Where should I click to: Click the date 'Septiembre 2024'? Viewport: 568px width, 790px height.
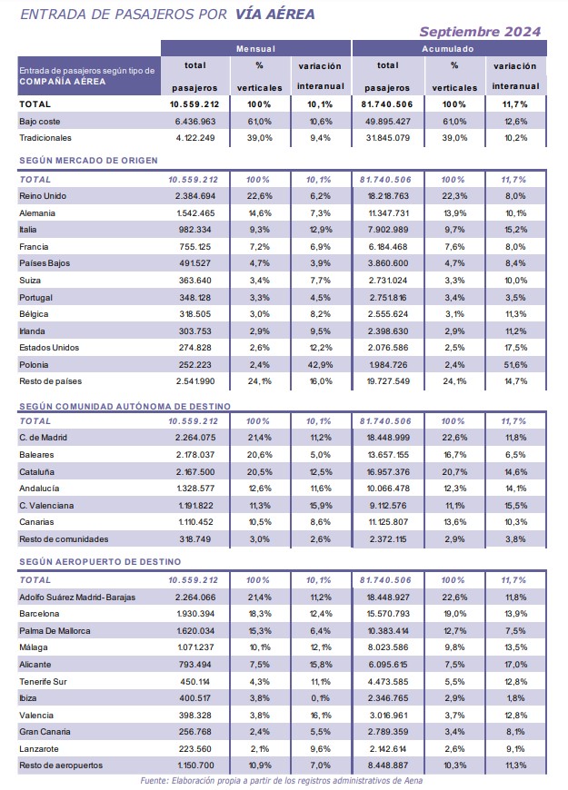(480, 32)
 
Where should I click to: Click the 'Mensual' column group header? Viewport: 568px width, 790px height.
(255, 49)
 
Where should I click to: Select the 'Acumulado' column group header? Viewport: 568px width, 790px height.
(448, 49)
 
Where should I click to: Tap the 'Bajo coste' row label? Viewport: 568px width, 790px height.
(39, 122)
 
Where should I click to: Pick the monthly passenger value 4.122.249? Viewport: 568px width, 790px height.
(195, 138)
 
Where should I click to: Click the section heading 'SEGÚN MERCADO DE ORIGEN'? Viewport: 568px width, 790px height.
(88, 161)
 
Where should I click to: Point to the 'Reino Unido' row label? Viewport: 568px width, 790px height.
(43, 196)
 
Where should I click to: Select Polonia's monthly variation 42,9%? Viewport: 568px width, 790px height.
(320, 365)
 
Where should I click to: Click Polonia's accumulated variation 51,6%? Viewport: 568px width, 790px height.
(515, 365)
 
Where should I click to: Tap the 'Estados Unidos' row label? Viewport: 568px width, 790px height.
(49, 348)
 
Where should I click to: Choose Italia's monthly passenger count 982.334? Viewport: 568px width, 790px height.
(195, 230)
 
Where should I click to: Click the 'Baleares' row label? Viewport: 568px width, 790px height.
(36, 455)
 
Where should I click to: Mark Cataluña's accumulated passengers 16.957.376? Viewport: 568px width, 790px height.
(388, 472)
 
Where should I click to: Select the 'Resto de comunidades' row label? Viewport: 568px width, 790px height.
(64, 539)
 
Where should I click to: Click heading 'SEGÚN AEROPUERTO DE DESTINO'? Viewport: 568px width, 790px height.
(100, 562)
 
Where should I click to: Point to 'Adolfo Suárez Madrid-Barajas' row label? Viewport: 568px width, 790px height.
(77, 597)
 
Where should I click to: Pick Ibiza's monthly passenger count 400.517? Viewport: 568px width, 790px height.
(195, 698)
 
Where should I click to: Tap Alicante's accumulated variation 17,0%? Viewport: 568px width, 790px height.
(515, 665)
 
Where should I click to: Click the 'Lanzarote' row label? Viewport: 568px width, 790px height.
(39, 749)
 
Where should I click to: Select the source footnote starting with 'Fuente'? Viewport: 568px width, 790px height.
(282, 780)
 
